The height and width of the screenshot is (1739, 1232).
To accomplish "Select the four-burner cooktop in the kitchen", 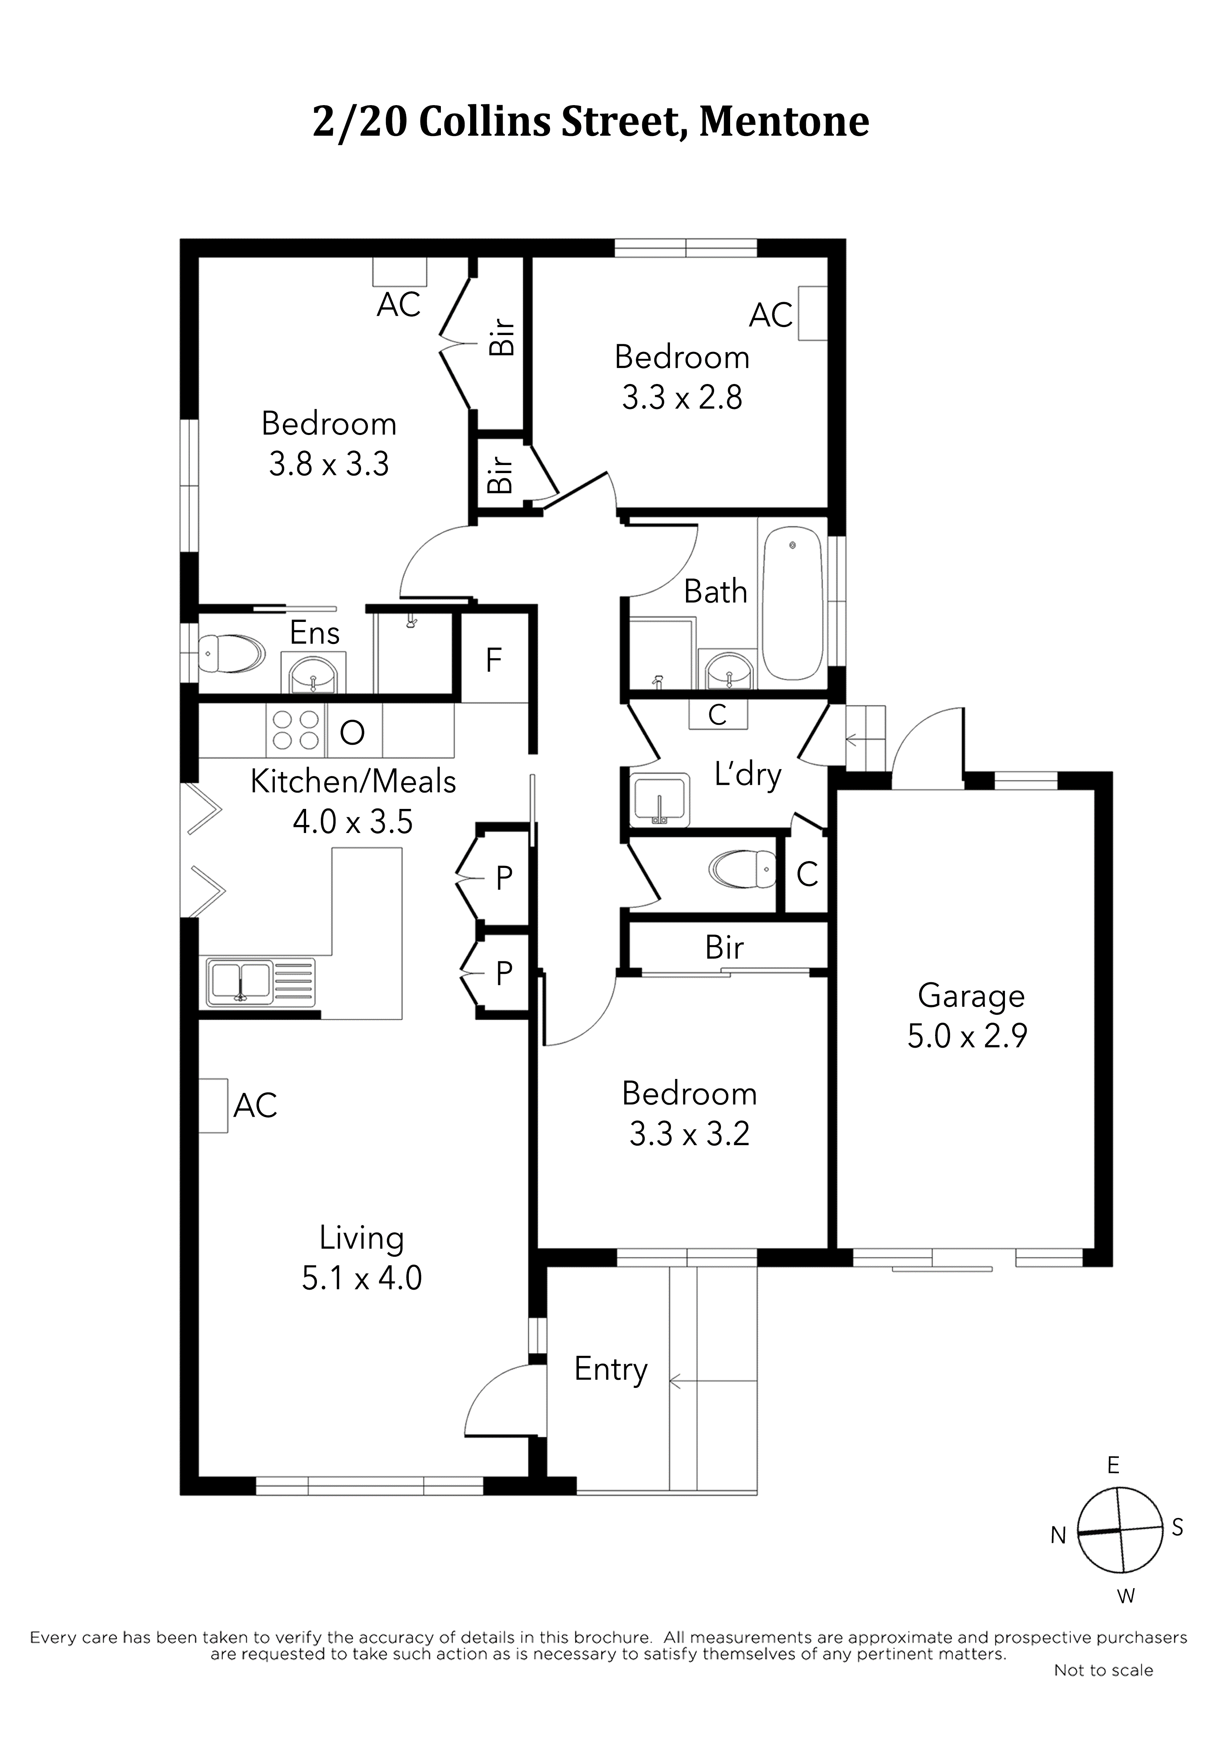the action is tap(296, 730).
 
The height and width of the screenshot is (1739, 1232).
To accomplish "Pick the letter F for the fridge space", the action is tap(494, 660).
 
